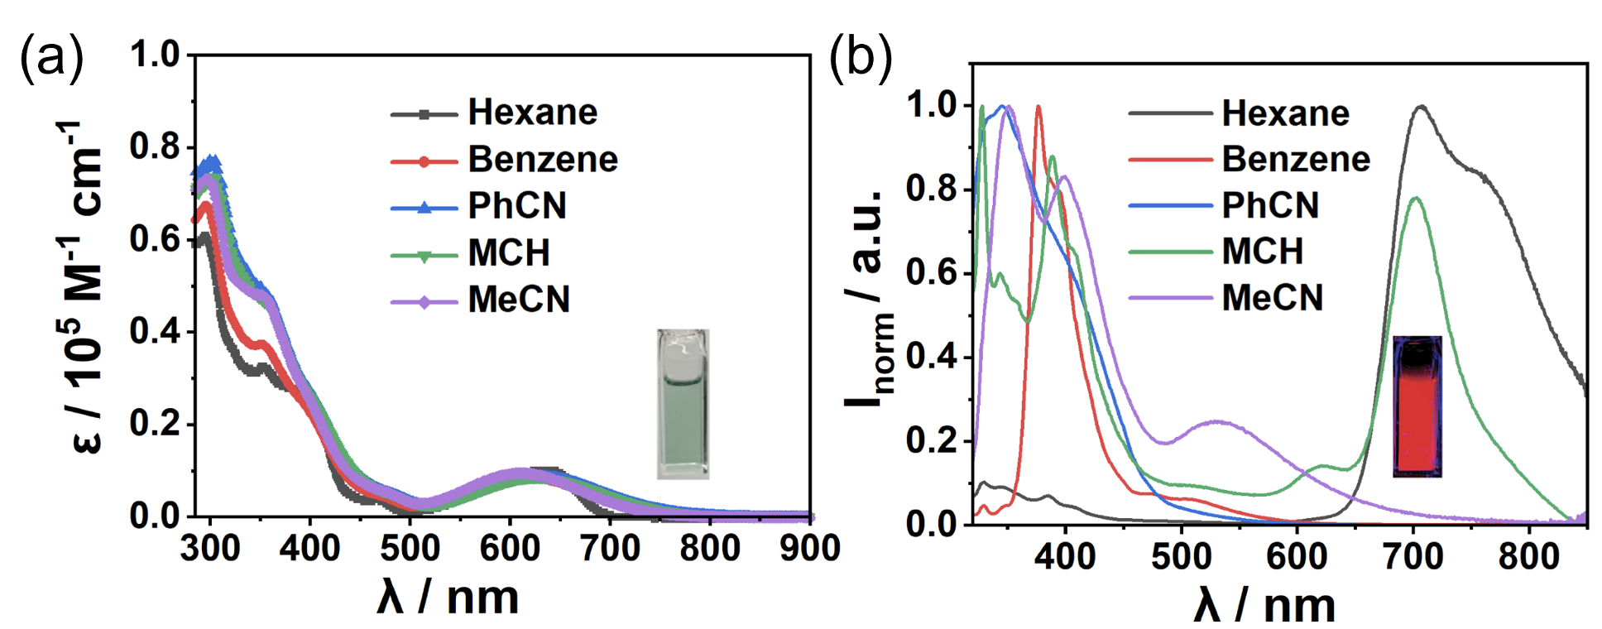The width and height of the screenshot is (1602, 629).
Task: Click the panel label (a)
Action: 51,58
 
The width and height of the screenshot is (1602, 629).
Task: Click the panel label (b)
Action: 861,58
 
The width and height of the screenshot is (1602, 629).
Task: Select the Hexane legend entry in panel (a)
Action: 532,113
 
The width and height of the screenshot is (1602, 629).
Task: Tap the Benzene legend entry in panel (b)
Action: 1296,159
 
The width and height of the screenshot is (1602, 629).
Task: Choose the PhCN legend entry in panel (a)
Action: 517,206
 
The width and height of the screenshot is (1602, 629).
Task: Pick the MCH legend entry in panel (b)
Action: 1262,251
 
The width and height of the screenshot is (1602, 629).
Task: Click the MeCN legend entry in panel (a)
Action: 519,300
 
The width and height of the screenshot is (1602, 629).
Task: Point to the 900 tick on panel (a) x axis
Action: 810,548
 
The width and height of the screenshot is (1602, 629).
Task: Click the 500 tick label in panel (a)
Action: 410,548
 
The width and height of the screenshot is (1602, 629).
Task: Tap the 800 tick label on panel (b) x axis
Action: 1528,555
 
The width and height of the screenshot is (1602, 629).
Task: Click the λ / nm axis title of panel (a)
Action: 448,598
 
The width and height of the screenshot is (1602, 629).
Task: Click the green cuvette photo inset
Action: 683,405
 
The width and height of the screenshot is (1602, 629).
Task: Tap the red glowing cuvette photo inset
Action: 1417,406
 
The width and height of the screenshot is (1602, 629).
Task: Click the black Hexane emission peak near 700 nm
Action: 1422,107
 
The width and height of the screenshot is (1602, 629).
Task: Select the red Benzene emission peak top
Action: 1038,107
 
